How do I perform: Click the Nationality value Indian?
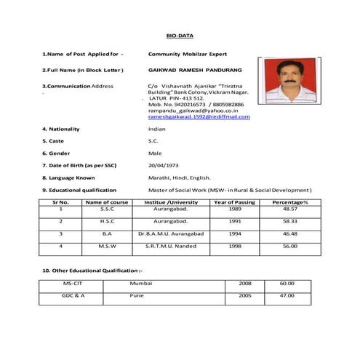tap(156, 129)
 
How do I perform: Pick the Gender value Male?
tap(154, 153)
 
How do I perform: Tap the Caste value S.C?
tap(153, 141)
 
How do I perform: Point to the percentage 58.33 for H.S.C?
tap(289, 220)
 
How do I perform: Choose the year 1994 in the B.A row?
tap(234, 233)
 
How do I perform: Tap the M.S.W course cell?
tap(107, 246)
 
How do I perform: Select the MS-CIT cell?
tap(72, 282)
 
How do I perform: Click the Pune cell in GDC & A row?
tap(137, 295)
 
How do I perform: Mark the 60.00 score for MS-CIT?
tap(287, 282)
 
